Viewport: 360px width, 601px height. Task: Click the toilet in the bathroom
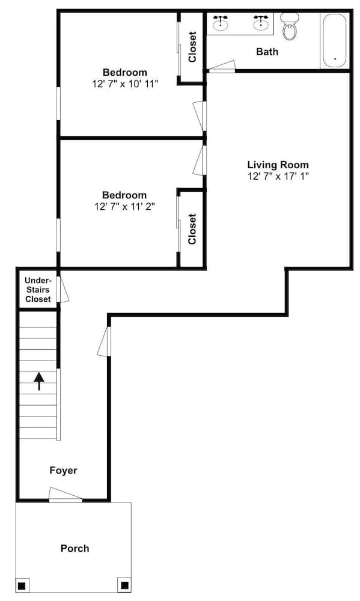point(290,28)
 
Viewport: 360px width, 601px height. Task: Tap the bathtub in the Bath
point(334,41)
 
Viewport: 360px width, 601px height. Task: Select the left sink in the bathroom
point(221,23)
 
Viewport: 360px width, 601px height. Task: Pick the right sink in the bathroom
point(261,23)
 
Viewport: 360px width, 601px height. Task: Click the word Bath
point(267,52)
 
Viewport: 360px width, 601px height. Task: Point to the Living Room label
point(278,165)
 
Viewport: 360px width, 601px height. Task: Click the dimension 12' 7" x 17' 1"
point(278,176)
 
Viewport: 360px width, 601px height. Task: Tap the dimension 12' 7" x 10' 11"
point(124,84)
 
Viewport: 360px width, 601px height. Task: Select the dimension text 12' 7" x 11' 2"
point(124,207)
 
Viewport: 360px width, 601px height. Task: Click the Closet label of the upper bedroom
point(192,47)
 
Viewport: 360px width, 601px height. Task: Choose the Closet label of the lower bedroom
point(192,229)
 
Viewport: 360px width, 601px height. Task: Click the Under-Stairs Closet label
point(38,290)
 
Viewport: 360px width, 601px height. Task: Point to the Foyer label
point(63,471)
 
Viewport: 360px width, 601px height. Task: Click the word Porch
point(75,548)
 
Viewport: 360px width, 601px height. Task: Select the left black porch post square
point(22,585)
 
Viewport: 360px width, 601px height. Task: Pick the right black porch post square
point(124,584)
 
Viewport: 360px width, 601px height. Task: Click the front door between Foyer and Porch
point(65,496)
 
